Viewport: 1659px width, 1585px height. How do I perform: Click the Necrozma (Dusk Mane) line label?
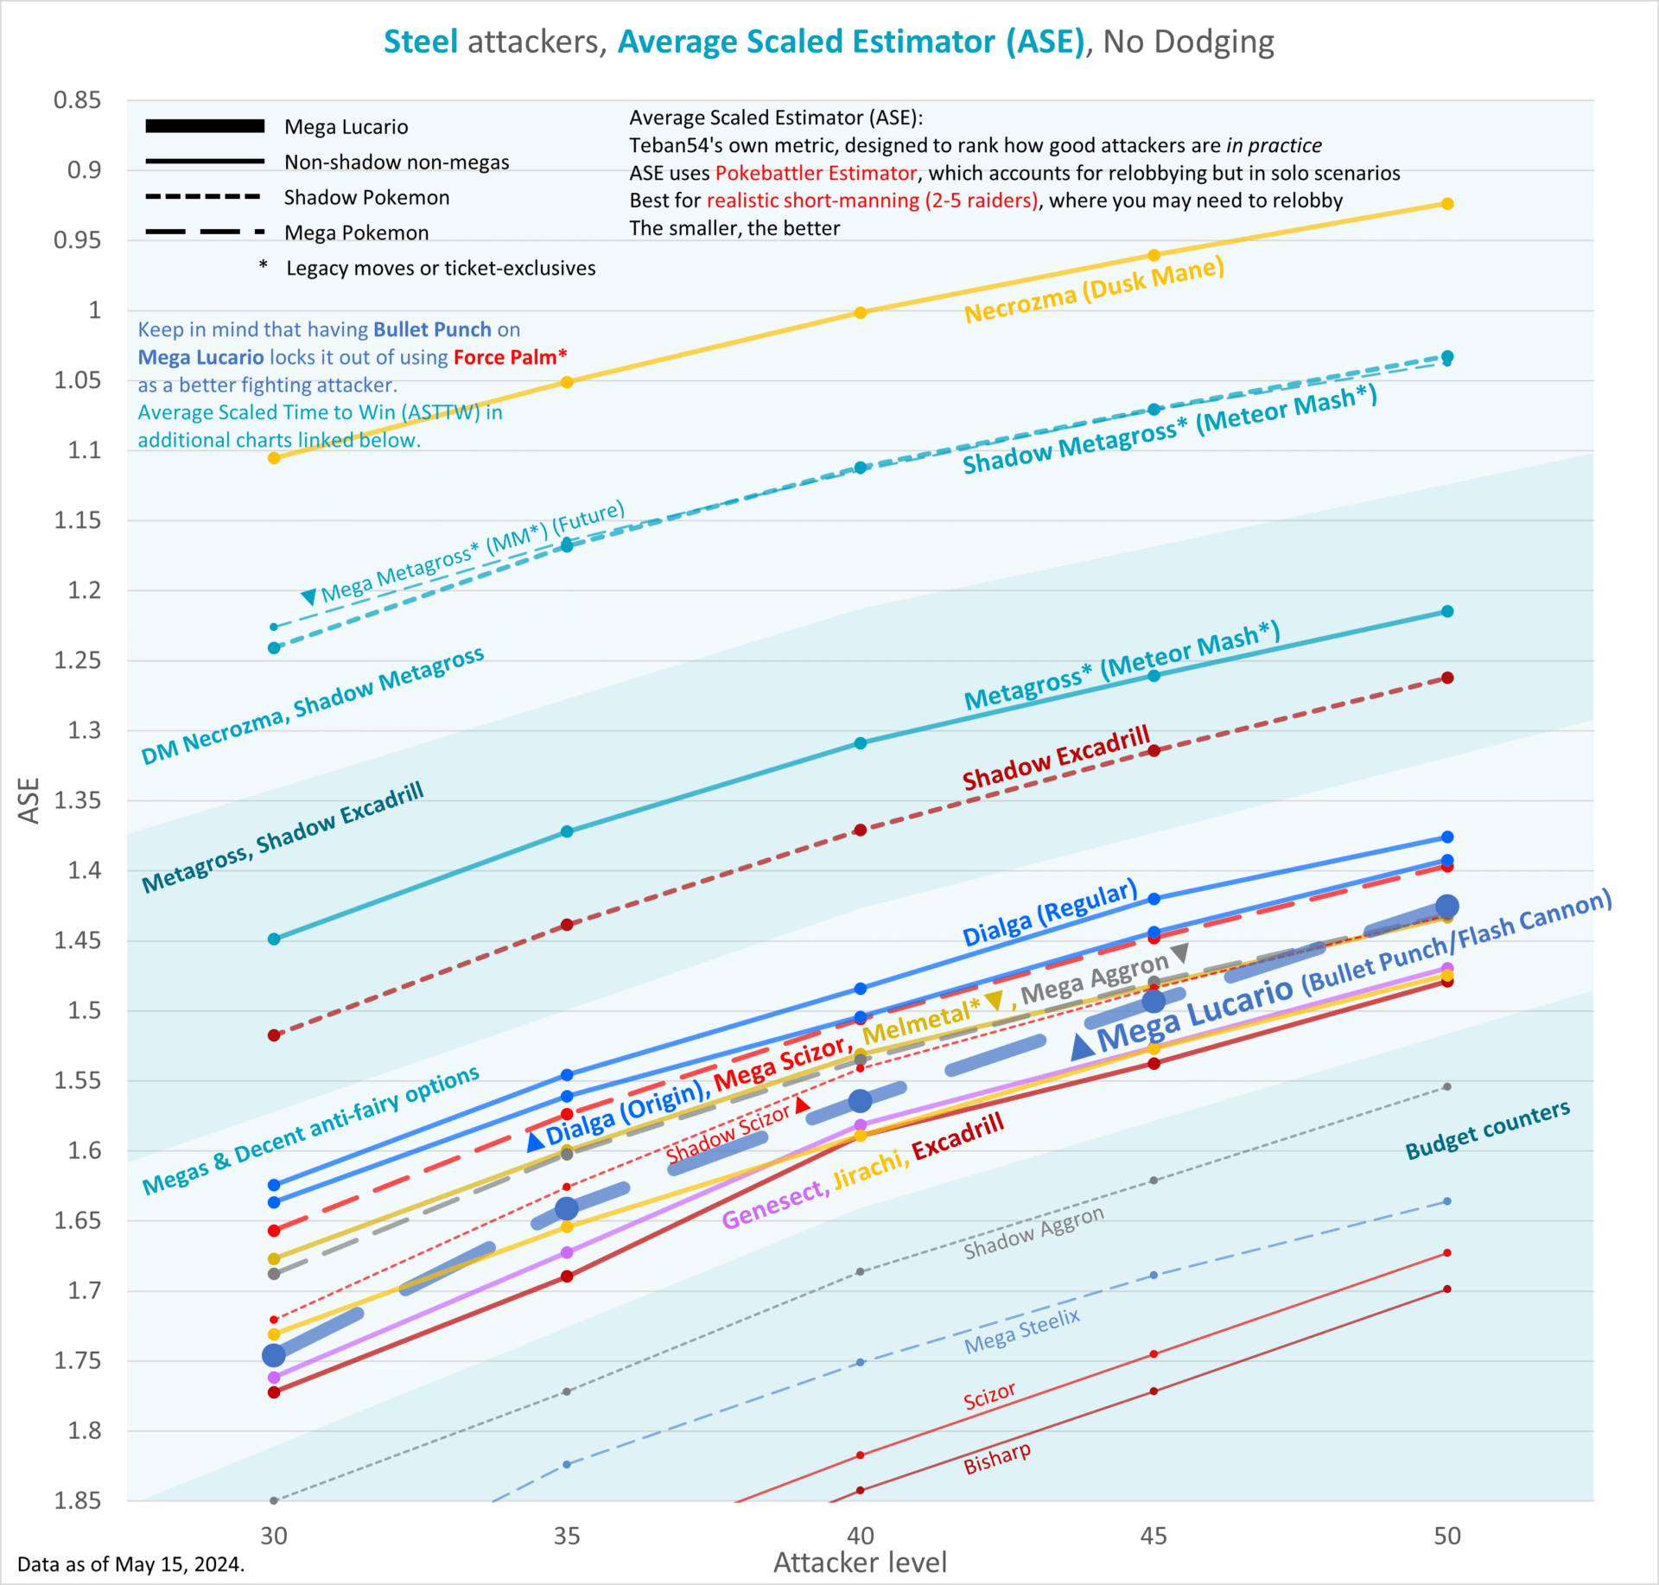[1094, 290]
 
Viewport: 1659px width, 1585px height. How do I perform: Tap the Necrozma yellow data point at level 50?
[1447, 204]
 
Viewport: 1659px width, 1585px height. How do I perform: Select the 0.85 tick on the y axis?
[77, 100]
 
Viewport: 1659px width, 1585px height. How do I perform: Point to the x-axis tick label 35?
[567, 1535]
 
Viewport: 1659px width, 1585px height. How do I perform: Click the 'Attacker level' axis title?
[860, 1563]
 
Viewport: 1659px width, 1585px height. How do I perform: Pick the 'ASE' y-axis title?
[29, 800]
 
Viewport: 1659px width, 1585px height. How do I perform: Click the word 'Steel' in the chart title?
[420, 41]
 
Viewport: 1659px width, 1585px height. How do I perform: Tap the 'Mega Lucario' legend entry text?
[346, 127]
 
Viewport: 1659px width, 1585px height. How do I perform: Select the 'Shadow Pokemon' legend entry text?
[366, 198]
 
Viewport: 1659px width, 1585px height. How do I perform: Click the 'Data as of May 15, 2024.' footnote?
[130, 1563]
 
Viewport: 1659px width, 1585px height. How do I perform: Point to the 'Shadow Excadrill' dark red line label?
[1056, 758]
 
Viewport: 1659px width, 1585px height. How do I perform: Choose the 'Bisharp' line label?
[997, 1458]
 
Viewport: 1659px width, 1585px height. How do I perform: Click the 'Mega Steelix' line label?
[1022, 1331]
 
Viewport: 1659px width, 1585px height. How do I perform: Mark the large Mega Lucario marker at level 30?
[274, 1355]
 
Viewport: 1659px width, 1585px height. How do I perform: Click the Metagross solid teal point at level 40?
[860, 743]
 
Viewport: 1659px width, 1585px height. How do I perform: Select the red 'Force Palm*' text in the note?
[510, 357]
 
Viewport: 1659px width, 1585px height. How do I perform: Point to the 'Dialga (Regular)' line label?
[1050, 913]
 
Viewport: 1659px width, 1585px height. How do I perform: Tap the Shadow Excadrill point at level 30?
[274, 1035]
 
